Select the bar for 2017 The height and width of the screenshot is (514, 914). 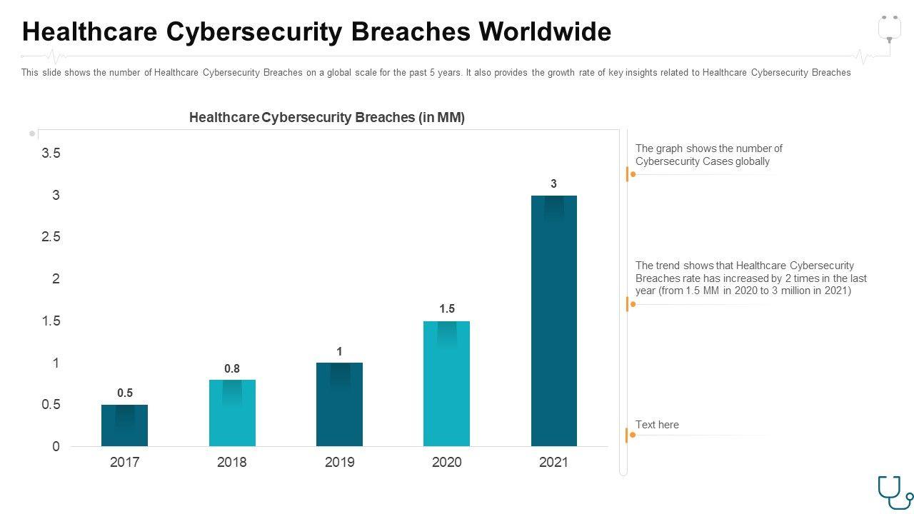pyautogui.click(x=125, y=425)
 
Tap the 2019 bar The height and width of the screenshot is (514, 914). pyautogui.click(x=339, y=404)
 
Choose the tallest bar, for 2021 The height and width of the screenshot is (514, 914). pyautogui.click(x=553, y=321)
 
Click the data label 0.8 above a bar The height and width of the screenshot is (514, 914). pyautogui.click(x=232, y=368)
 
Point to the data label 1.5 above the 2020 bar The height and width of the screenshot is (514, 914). pyautogui.click(x=447, y=308)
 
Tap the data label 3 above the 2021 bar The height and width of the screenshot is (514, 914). pyautogui.click(x=553, y=183)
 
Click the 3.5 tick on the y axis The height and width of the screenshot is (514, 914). pyautogui.click(x=51, y=153)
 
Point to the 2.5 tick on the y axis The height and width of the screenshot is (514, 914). pyautogui.click(x=51, y=236)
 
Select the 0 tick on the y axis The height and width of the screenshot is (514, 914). pyautogui.click(x=56, y=446)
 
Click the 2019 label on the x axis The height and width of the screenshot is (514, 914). pyautogui.click(x=339, y=462)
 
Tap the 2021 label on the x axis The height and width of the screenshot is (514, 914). pyautogui.click(x=553, y=462)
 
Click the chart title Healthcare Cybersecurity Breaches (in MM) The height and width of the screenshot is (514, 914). pyautogui.click(x=327, y=118)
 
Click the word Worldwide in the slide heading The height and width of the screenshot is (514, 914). pyautogui.click(x=545, y=32)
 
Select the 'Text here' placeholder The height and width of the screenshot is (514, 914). pyautogui.click(x=657, y=425)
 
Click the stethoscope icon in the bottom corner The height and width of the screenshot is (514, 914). pyautogui.click(x=895, y=493)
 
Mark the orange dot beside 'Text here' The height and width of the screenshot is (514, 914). pyautogui.click(x=633, y=435)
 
